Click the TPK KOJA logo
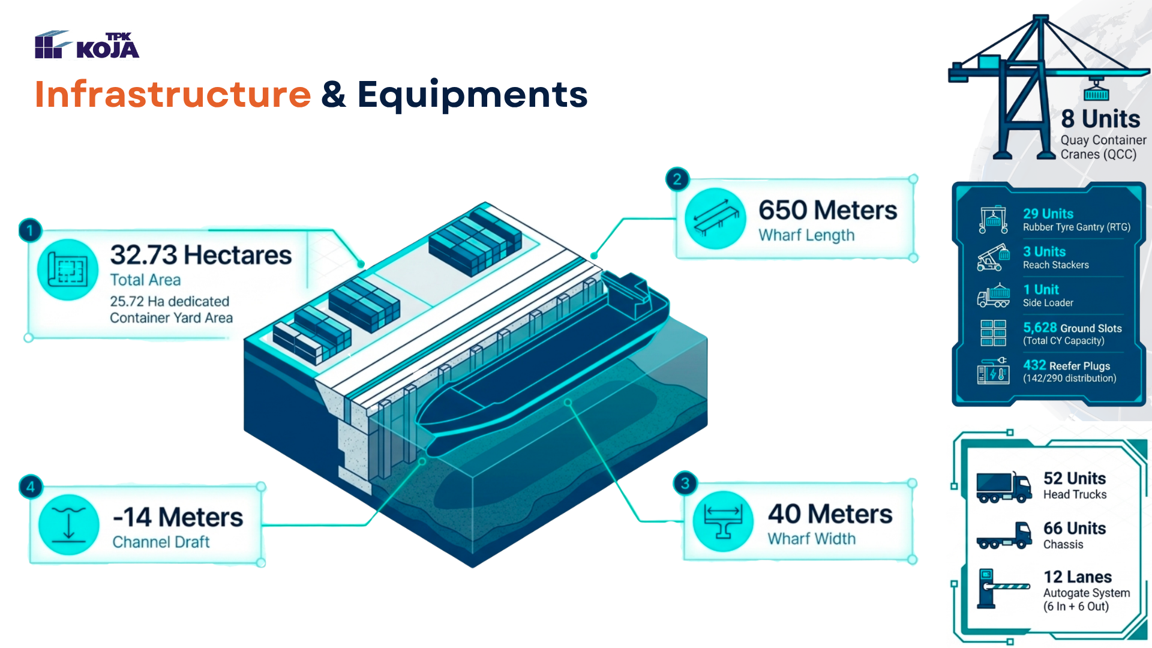point(87,45)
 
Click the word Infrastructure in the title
point(173,94)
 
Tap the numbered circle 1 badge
point(30,230)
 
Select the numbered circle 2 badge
point(677,179)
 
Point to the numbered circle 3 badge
point(685,483)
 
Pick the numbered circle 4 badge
point(31,487)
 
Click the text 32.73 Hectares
point(201,255)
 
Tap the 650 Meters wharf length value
point(828,210)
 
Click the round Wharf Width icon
point(723,521)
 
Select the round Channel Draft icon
point(69,524)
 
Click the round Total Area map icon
point(68,269)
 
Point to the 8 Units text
point(1100,119)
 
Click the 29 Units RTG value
point(1048,214)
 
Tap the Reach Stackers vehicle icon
point(994,257)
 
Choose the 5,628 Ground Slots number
point(1040,328)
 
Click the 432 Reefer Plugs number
point(1034,365)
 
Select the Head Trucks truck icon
point(1004,487)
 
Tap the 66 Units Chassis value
point(1075,528)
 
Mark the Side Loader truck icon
point(994,295)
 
